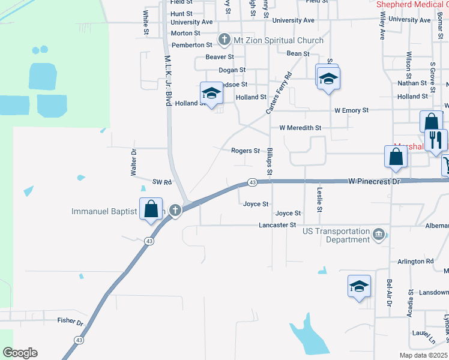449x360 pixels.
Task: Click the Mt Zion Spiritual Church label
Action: point(279,40)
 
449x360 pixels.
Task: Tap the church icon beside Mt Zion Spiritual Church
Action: point(225,40)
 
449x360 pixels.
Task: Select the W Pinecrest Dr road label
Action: point(374,181)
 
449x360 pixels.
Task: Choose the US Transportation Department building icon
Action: point(378,234)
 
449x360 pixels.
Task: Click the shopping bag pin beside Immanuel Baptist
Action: point(151,209)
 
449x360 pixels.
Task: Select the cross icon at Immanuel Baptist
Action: point(175,210)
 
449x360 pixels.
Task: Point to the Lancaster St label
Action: point(277,225)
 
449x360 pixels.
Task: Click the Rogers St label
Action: point(246,151)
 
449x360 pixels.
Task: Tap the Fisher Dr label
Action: point(70,322)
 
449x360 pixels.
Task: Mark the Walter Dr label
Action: point(134,163)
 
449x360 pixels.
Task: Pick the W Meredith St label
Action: point(300,128)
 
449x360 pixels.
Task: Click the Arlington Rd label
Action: point(415,262)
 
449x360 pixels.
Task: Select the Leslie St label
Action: point(320,199)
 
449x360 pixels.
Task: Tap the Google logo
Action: point(20,353)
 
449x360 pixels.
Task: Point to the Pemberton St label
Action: point(192,45)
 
